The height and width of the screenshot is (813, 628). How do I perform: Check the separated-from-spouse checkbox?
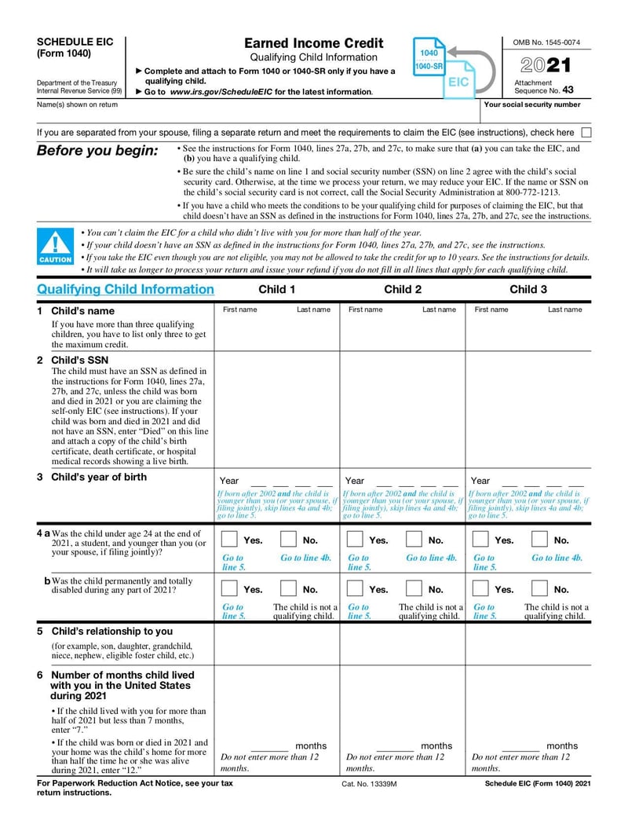586,133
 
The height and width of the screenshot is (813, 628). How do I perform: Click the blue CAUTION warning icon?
55,247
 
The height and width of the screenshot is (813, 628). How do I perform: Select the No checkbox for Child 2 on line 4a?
414,540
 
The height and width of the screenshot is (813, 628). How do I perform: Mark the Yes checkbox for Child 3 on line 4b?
482,588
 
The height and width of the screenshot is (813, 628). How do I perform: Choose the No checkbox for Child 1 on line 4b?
289,588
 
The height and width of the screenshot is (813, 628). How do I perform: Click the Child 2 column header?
403,289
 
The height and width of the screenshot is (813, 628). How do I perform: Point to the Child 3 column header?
528,289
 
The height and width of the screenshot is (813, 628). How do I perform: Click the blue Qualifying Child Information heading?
126,289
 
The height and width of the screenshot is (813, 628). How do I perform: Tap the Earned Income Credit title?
313,43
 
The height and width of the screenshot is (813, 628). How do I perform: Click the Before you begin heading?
97,151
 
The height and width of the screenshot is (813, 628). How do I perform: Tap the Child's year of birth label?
98,477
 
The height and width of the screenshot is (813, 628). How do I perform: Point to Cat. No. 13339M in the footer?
370,784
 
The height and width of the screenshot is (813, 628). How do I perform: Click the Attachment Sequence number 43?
568,90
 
